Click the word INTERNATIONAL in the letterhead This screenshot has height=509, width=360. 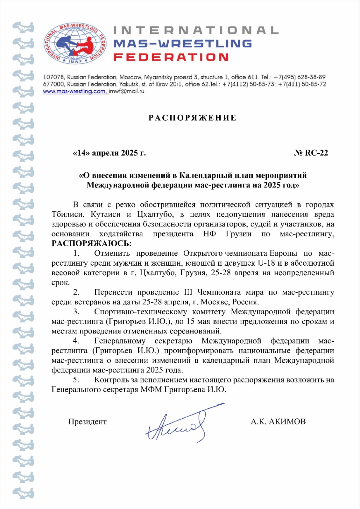[196, 31]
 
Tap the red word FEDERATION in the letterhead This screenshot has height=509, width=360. [171, 57]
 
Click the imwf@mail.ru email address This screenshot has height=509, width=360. [127, 91]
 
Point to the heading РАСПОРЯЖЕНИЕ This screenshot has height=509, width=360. [193, 118]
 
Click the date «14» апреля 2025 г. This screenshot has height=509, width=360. [109, 153]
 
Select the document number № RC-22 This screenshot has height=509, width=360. [311, 153]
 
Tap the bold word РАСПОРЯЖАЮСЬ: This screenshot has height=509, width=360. [92, 244]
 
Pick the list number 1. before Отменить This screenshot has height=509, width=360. [76, 254]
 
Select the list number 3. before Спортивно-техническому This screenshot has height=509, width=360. [76, 312]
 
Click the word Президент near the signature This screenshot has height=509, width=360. [88, 422]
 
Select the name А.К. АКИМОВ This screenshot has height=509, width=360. [278, 422]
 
